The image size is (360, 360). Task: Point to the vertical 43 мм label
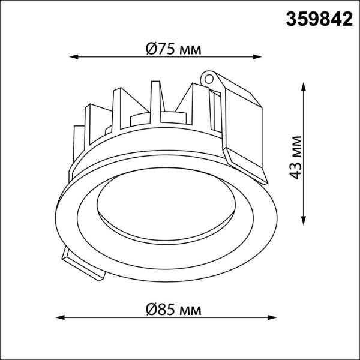[x=295, y=158]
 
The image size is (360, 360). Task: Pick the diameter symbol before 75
[x=152, y=50]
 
